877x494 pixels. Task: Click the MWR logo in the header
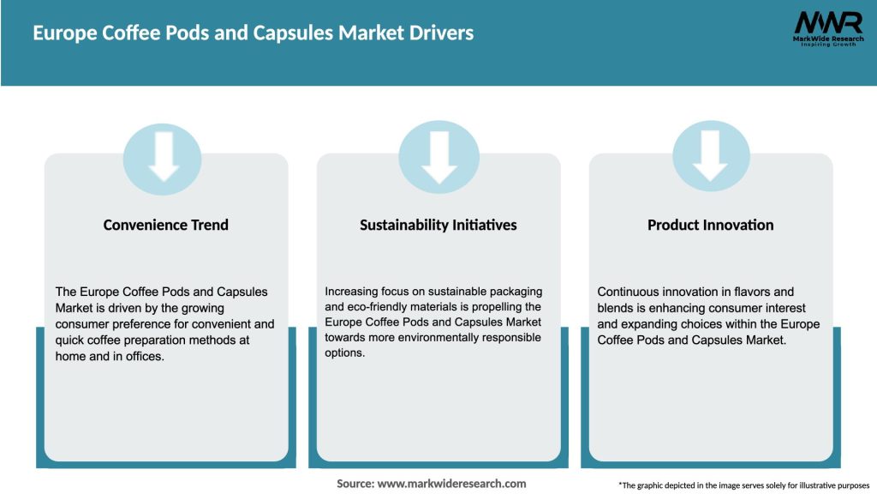pos(828,27)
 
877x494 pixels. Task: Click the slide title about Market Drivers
pos(253,33)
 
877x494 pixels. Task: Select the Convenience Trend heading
pos(166,225)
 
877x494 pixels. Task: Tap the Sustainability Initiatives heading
pos(438,225)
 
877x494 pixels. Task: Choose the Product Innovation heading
pos(710,225)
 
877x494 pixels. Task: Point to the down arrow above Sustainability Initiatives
pos(438,156)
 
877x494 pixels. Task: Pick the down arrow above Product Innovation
pos(710,156)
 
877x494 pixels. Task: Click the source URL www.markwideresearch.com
pos(451,484)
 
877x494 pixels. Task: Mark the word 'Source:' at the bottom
pos(355,484)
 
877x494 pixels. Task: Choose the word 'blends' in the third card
pos(615,307)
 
